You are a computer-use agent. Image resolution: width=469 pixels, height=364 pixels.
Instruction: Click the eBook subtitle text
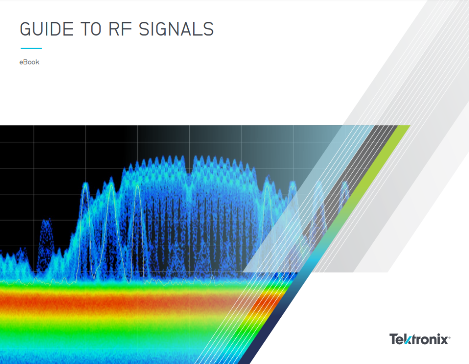tap(29, 62)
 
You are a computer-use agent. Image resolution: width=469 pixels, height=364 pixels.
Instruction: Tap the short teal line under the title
tap(31, 48)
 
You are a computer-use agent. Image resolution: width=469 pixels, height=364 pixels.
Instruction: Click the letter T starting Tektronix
tap(394, 340)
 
